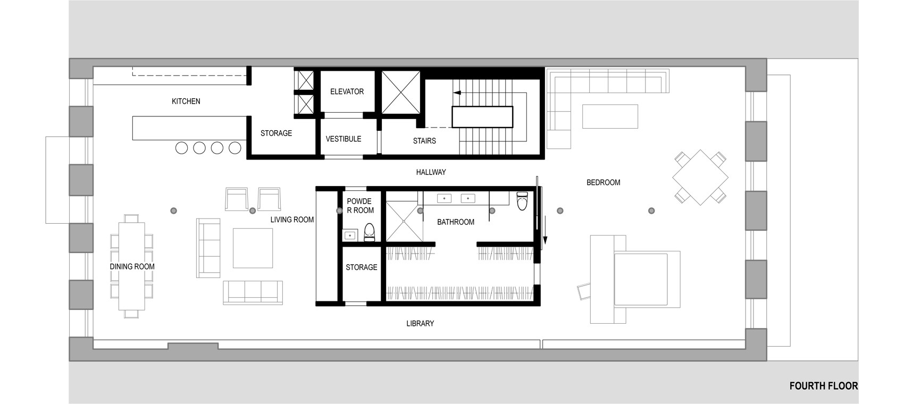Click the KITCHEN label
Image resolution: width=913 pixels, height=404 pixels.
click(186, 101)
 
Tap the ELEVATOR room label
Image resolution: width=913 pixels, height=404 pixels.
click(347, 91)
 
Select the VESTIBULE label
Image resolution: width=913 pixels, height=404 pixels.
click(344, 139)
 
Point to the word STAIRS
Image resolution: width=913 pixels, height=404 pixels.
click(424, 141)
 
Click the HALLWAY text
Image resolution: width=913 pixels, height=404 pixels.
click(431, 172)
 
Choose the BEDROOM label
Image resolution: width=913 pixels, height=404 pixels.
click(603, 182)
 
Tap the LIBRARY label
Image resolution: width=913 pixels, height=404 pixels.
click(420, 323)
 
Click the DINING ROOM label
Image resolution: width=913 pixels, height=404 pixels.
click(132, 267)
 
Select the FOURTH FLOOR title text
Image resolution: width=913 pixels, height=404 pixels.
click(823, 386)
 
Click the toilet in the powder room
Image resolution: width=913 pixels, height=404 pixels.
click(370, 233)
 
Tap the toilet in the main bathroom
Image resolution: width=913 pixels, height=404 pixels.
click(522, 200)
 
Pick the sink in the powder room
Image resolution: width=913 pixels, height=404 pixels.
click(350, 235)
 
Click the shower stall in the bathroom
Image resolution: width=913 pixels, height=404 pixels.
click(403, 221)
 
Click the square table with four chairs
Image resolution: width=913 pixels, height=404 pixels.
click(701, 178)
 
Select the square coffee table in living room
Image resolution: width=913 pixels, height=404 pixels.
click(253, 248)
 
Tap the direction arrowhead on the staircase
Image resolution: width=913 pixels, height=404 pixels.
click(457, 93)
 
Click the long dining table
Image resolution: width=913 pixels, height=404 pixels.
click(131, 266)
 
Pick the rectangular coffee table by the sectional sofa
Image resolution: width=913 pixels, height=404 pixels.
click(610, 116)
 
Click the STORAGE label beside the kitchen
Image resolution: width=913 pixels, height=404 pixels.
click(276, 133)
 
